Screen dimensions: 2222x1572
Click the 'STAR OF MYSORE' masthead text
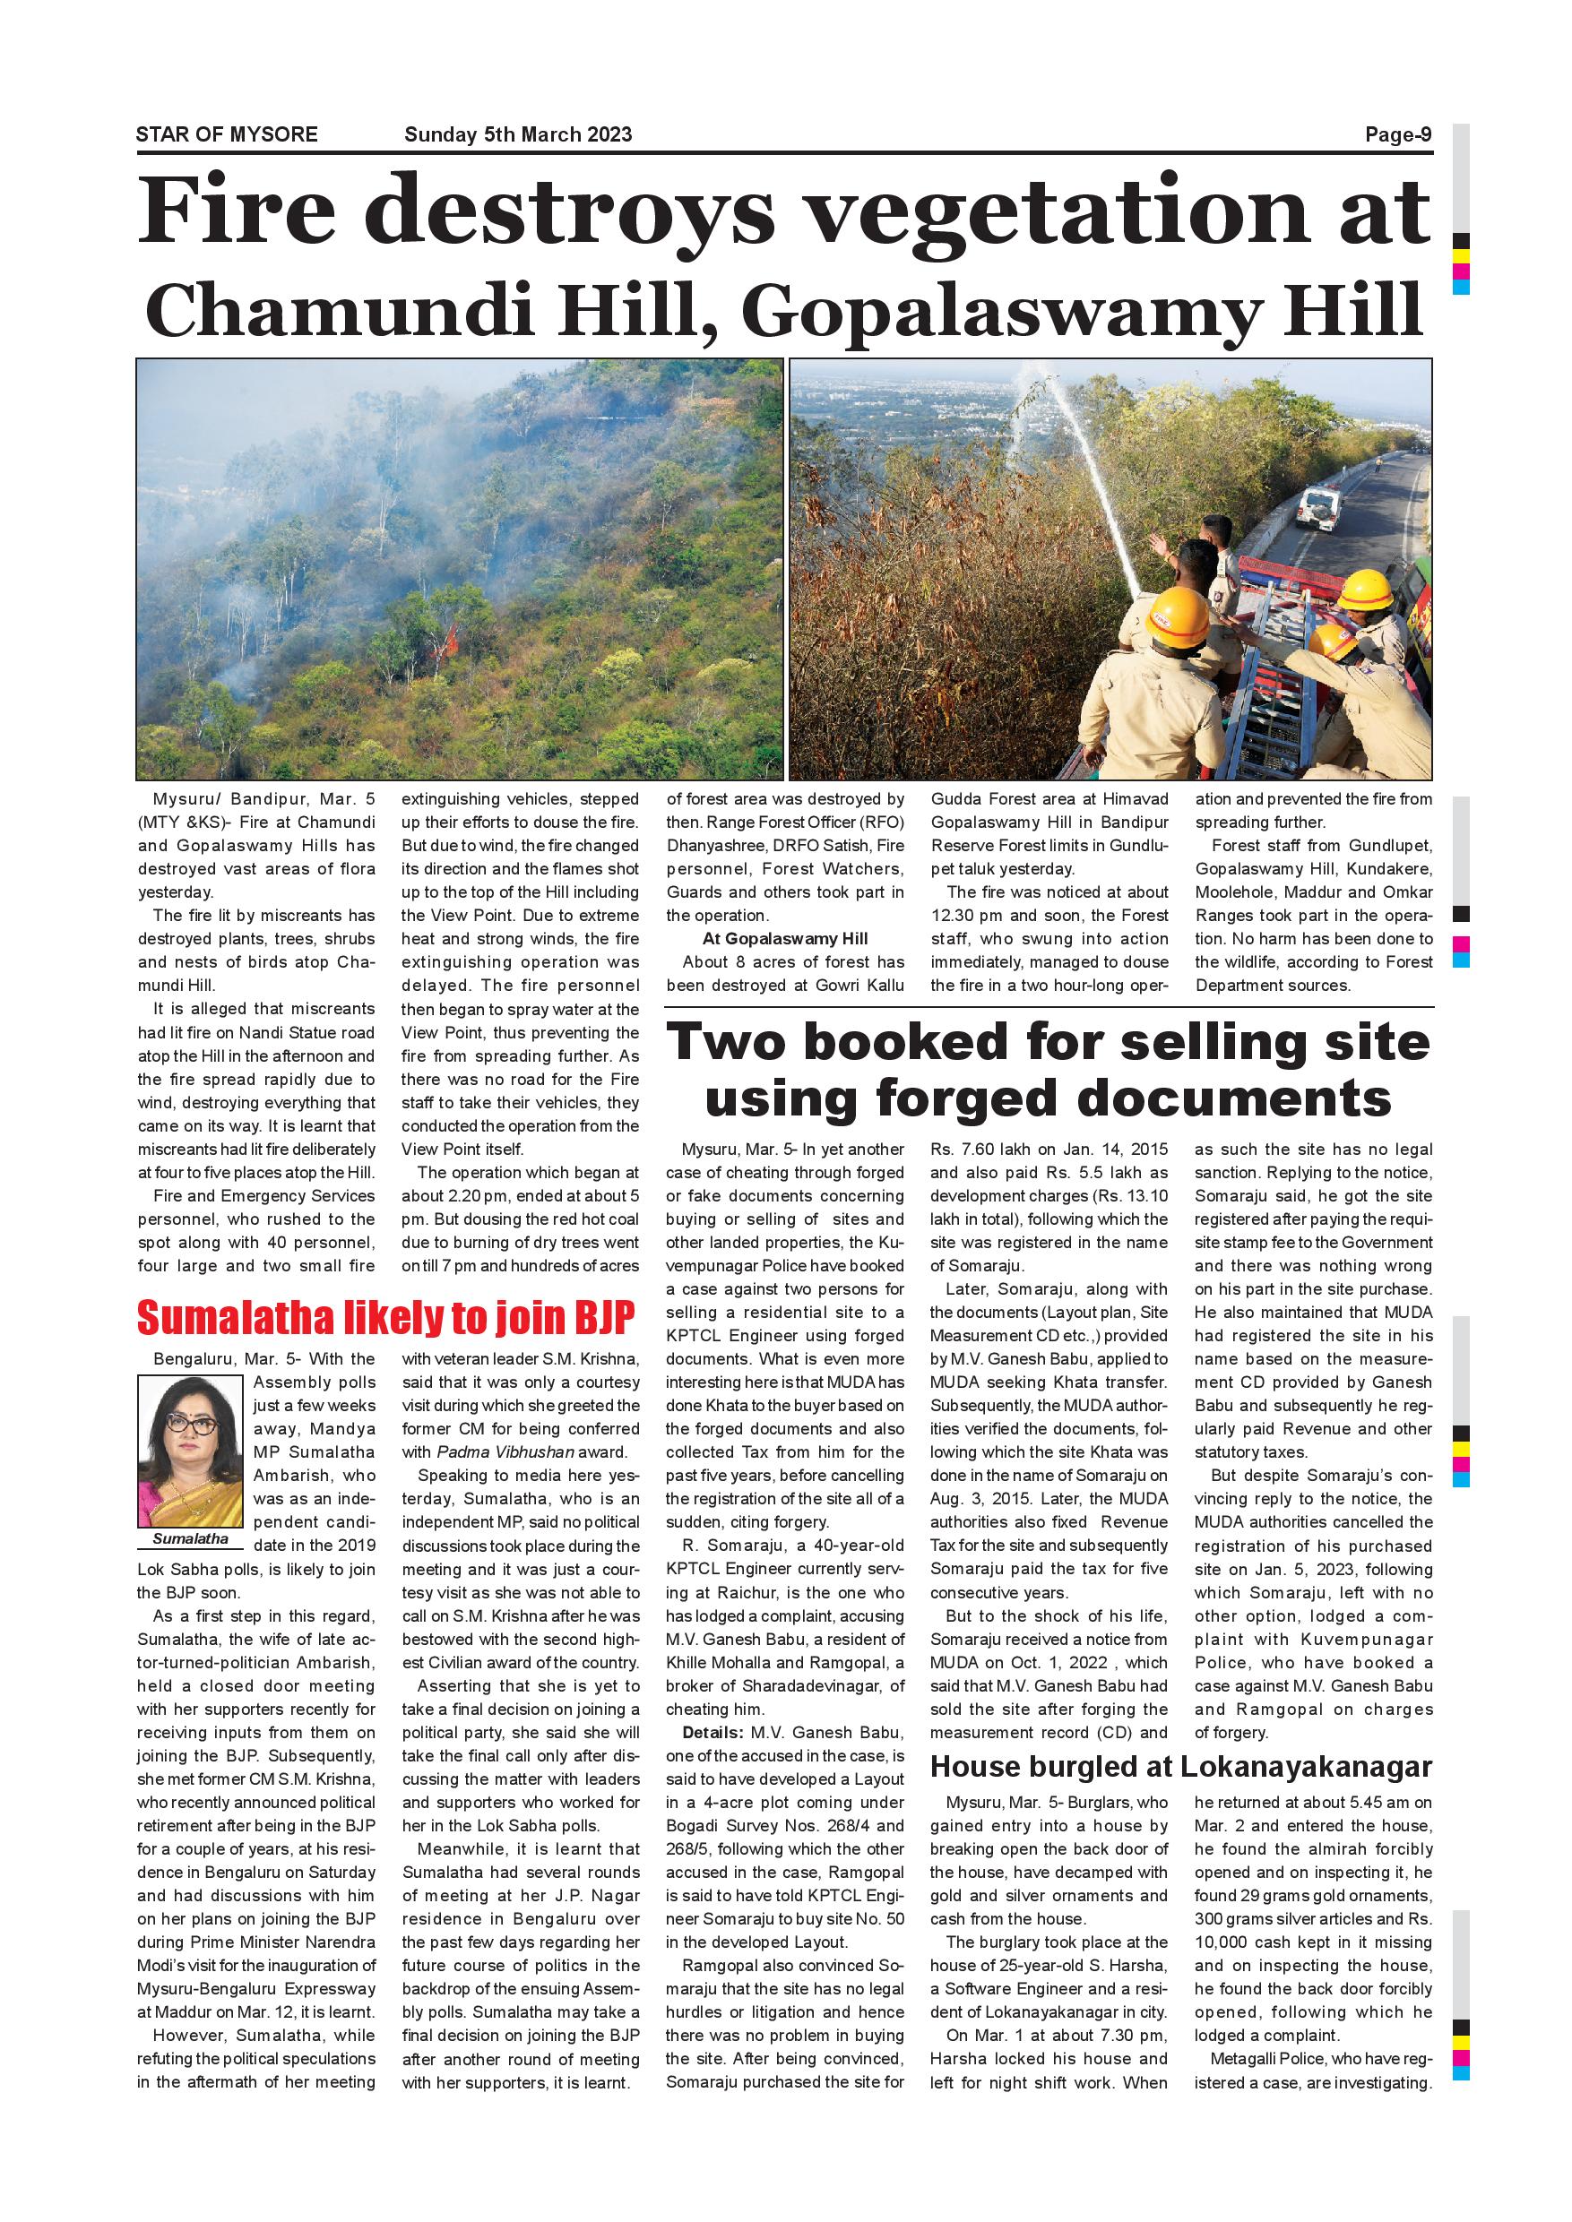(227, 134)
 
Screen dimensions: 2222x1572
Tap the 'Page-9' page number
(1398, 134)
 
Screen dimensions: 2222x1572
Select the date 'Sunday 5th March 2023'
(518, 134)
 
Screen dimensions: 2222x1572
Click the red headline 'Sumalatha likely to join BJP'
(385, 1317)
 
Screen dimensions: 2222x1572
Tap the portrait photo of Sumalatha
(190, 1451)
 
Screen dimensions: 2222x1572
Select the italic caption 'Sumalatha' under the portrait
(190, 1538)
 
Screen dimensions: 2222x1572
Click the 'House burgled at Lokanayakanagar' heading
(1180, 1767)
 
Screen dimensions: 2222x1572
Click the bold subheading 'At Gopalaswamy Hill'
(784, 939)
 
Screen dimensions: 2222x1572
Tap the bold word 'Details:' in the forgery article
(713, 1732)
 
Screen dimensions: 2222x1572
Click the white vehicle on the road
(1317, 506)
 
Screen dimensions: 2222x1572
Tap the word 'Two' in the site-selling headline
(727, 1042)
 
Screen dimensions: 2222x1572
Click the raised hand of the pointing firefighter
(1158, 544)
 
